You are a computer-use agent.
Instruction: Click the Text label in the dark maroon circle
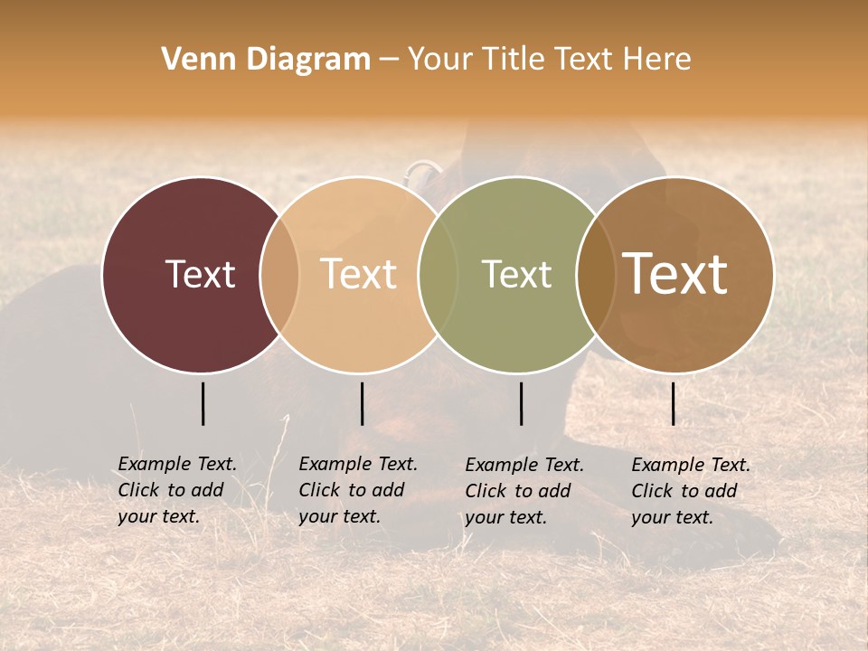click(200, 274)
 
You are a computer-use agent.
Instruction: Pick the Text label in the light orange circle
click(359, 274)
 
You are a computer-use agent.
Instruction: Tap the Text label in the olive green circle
click(516, 274)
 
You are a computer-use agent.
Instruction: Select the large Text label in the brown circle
click(675, 274)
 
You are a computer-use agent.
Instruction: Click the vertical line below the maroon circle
click(203, 403)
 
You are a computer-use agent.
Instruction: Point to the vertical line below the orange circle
click(362, 403)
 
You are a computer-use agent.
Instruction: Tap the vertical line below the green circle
click(521, 403)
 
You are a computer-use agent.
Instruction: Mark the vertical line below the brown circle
click(673, 403)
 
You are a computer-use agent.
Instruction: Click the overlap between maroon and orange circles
click(279, 274)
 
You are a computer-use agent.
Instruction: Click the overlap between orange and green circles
click(438, 274)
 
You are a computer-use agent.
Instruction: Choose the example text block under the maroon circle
click(177, 490)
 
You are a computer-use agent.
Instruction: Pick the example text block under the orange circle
click(358, 490)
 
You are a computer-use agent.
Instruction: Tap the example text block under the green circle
click(524, 491)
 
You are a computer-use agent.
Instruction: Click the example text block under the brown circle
click(691, 491)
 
